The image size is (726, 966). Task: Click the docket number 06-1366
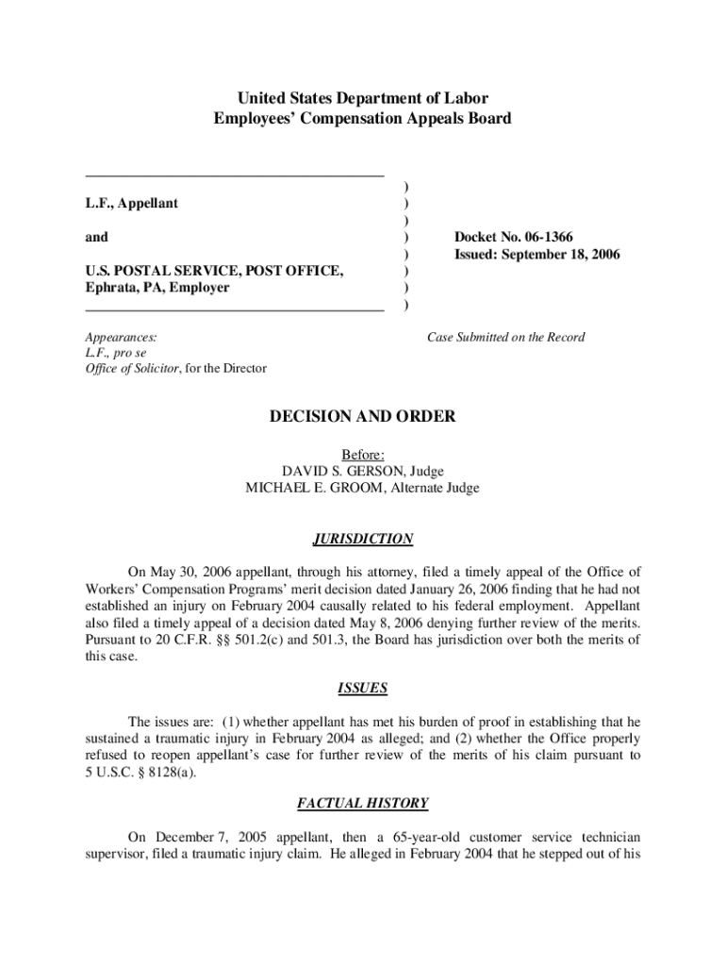pyautogui.click(x=541, y=237)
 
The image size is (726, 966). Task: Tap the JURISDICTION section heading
pyautogui.click(x=363, y=540)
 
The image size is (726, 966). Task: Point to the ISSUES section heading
pyautogui.click(x=363, y=689)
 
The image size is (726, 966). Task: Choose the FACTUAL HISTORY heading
pyautogui.click(x=363, y=804)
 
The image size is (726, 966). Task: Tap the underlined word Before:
pyautogui.click(x=363, y=454)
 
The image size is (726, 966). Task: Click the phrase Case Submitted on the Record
pyautogui.click(x=505, y=337)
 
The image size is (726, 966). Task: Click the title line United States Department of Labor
pyautogui.click(x=363, y=98)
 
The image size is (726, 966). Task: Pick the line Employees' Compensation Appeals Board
pyautogui.click(x=363, y=119)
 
